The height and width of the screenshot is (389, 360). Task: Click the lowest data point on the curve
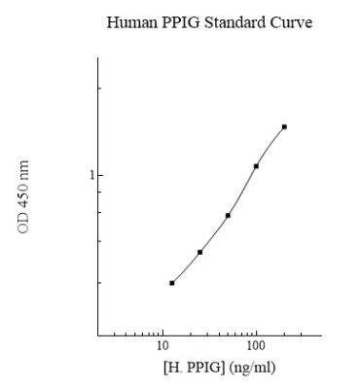click(171, 283)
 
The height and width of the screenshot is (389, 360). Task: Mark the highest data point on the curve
click(284, 126)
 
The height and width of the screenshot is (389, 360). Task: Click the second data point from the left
click(199, 252)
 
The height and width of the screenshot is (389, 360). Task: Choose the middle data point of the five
click(228, 215)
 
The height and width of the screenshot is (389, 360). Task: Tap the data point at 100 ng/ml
click(256, 166)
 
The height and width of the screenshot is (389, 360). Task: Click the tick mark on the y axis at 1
click(100, 175)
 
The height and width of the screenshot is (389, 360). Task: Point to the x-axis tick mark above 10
click(162, 333)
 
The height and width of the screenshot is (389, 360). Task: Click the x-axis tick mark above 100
click(256, 333)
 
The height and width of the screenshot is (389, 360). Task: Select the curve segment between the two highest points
click(270, 145)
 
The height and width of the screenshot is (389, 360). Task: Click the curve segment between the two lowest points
click(185, 268)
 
